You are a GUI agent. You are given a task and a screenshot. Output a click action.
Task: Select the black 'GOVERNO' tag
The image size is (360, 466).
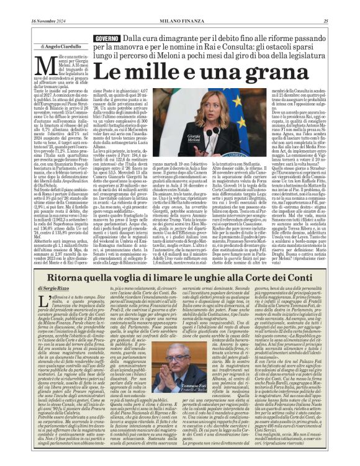106,39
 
